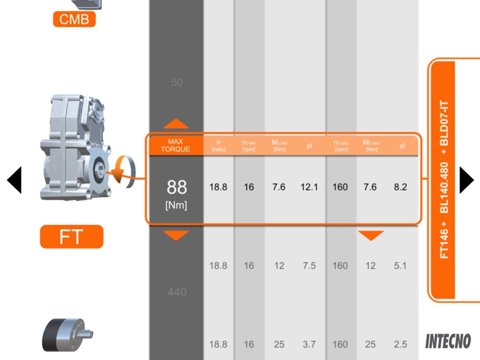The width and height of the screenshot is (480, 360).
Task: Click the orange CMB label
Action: coord(74,19)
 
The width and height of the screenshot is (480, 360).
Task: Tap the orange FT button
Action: coord(71,236)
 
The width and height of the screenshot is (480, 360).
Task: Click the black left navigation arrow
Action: coord(15,180)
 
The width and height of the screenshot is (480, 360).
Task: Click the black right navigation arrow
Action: coord(467,179)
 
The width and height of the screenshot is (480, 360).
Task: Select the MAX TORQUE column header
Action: coord(176,145)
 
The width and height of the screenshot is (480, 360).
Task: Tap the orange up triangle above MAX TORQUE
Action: coord(177,124)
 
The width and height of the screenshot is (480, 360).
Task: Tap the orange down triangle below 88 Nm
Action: coord(177,236)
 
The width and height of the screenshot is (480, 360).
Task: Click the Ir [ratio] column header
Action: coord(219,145)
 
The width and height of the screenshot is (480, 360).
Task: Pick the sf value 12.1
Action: coord(309,187)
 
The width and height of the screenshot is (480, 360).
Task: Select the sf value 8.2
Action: coord(401,187)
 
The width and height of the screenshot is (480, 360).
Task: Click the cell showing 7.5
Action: coord(309,266)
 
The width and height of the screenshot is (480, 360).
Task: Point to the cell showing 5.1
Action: coord(401,266)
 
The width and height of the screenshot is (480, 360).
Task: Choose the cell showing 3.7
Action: coord(309,345)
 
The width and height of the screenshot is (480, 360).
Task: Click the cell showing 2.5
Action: coord(401,345)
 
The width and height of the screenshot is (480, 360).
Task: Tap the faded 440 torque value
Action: coord(177,292)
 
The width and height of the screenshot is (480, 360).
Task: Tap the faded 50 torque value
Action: coord(177,83)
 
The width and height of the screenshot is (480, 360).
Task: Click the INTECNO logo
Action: coord(448,341)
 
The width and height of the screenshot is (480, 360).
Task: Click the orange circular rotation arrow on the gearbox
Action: coord(122,172)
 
